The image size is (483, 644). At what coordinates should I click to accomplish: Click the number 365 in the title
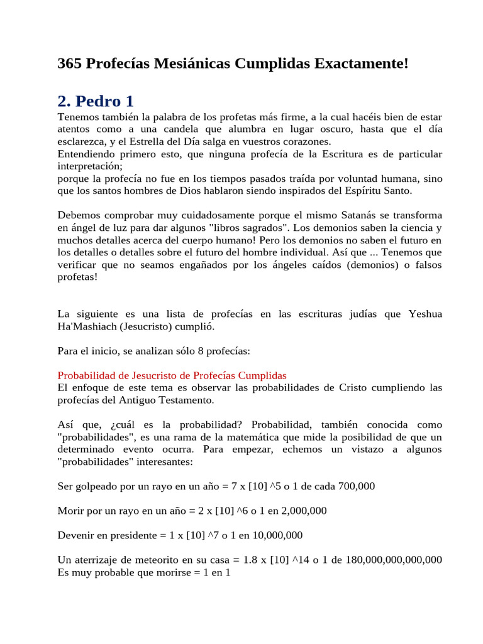[x=70, y=64]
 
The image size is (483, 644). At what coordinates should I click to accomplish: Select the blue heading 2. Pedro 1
[x=95, y=101]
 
